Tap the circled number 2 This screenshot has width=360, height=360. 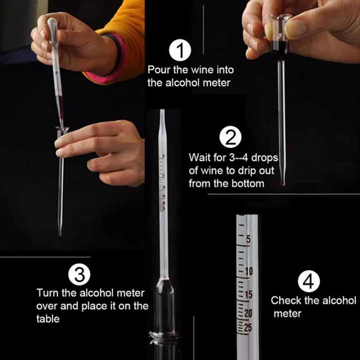pos(230,137)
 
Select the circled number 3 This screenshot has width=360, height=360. pos(79,274)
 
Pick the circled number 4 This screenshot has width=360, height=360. pos(309,282)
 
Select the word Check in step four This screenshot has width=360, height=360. pos(285,300)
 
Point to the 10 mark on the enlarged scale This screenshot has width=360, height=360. pos(249,270)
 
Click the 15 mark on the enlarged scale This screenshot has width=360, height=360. pos(249,294)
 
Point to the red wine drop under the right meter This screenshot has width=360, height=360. pos(283,183)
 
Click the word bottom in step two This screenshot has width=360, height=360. pos(248,184)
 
